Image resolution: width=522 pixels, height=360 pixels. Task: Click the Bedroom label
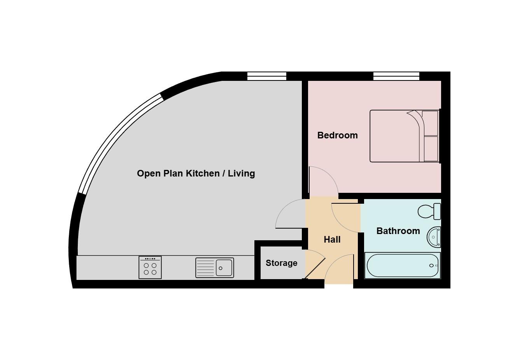(337, 135)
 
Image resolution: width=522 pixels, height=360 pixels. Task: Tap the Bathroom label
(398, 231)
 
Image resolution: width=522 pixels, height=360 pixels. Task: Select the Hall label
(332, 239)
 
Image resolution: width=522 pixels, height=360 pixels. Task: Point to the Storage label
(281, 263)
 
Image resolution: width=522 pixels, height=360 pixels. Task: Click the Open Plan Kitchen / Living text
(196, 173)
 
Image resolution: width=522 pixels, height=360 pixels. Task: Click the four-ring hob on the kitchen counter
(150, 267)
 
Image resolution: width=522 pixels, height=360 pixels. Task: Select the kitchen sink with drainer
(215, 267)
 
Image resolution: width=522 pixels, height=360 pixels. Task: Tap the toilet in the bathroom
(429, 211)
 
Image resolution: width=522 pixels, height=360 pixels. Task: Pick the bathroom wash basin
(434, 237)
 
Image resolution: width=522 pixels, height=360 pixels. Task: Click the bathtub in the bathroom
(402, 266)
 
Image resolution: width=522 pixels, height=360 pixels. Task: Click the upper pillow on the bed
(430, 123)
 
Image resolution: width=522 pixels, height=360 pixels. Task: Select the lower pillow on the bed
(430, 149)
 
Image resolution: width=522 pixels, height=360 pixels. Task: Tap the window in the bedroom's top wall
(396, 76)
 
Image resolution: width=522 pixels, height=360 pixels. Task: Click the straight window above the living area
(267, 76)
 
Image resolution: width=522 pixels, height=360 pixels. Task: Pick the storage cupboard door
(314, 264)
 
